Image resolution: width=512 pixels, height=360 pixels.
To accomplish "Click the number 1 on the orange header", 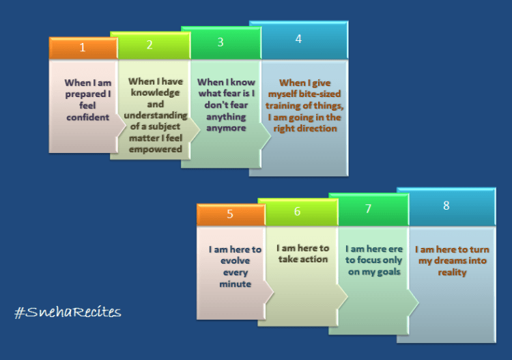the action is coord(83,48).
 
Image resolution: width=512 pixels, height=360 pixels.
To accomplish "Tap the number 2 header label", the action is coord(150,45).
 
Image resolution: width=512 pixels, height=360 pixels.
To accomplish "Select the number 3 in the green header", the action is coord(221,42).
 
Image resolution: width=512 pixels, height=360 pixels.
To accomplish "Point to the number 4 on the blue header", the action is coord(298,39).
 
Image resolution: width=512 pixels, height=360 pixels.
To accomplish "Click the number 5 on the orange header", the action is coord(230,214).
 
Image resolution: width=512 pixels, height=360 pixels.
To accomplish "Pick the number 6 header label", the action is coord(297,211).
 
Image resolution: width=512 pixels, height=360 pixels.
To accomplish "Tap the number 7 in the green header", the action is coord(368,208).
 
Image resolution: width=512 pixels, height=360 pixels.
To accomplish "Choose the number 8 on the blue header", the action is coord(446,206).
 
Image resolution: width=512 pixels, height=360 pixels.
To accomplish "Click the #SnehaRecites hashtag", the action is coord(68,312).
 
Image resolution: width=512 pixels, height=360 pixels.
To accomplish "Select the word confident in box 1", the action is coord(87,117).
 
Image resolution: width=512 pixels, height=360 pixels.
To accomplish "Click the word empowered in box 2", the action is coord(156,150).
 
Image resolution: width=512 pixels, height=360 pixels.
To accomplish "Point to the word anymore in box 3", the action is coord(226,128).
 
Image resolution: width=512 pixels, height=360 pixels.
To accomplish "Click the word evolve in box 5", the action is coord(235,261).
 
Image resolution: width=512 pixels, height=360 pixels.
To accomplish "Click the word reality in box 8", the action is coord(452,273).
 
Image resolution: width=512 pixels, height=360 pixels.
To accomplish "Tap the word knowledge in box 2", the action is coord(156,93).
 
